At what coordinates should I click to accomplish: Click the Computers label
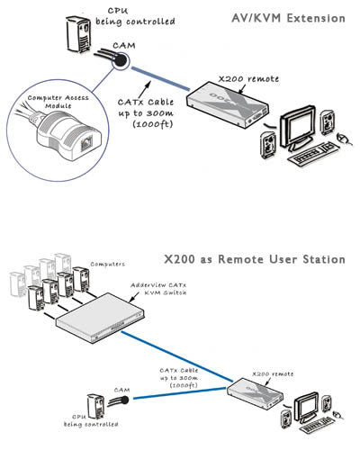(107, 266)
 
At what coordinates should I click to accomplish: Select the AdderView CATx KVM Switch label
(163, 289)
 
